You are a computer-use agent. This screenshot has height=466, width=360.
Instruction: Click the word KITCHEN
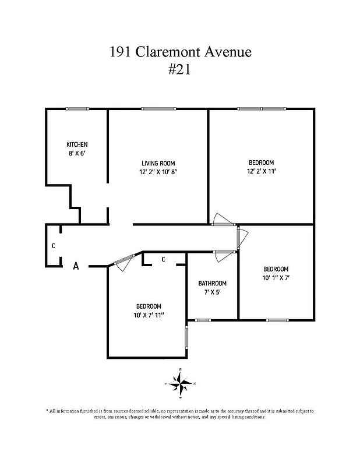tap(77, 144)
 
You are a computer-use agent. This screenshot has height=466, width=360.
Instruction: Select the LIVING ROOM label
tap(158, 163)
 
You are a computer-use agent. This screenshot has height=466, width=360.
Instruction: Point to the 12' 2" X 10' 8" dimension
tap(158, 172)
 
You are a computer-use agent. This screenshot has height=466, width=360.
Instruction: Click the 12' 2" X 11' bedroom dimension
tap(261, 172)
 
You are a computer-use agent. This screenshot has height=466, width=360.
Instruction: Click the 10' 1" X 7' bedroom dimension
tap(276, 278)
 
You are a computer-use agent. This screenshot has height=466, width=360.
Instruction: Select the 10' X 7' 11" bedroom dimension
tap(149, 315)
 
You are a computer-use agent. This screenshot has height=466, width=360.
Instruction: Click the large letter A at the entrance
tap(76, 266)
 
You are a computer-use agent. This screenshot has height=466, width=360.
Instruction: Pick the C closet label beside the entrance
tap(53, 246)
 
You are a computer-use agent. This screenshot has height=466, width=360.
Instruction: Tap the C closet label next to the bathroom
tap(163, 259)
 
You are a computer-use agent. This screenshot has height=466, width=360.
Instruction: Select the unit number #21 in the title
tap(180, 70)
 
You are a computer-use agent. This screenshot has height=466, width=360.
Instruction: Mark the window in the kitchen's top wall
tap(77, 109)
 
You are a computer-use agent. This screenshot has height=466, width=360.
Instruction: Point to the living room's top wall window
tap(158, 109)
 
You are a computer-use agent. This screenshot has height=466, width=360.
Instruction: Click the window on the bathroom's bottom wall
tap(203, 320)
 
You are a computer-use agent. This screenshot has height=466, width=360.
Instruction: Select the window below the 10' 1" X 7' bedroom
tap(277, 320)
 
